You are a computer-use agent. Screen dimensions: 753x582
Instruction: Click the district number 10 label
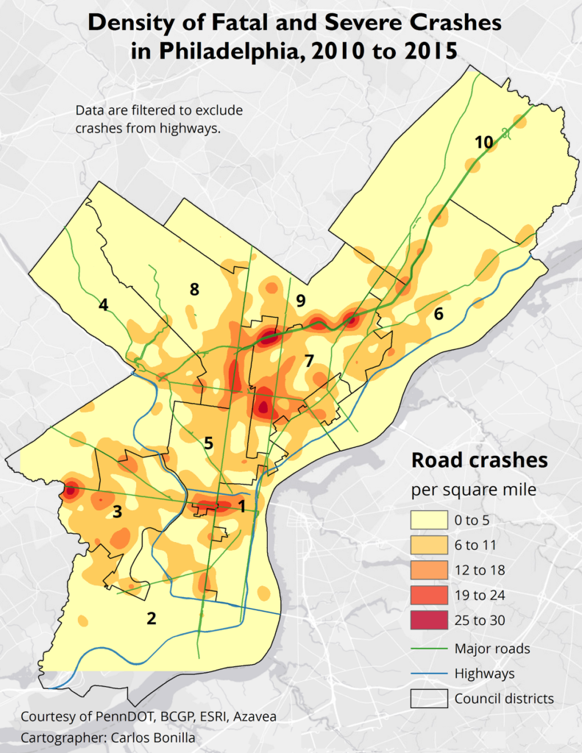[483, 143]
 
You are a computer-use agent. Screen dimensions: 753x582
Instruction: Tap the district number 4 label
[104, 304]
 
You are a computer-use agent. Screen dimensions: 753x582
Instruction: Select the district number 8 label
[194, 290]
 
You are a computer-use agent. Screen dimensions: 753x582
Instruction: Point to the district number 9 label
[300, 300]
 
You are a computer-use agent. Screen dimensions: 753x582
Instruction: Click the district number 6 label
[439, 314]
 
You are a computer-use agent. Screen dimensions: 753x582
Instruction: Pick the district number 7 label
[309, 360]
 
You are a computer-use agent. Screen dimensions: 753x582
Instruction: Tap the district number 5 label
[209, 443]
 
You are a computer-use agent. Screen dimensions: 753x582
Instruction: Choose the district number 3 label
[117, 510]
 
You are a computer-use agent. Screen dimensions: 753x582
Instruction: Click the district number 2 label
[152, 618]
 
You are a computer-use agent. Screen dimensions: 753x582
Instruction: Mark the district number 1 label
[241, 506]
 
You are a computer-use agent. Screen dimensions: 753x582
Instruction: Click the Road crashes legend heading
[479, 460]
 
